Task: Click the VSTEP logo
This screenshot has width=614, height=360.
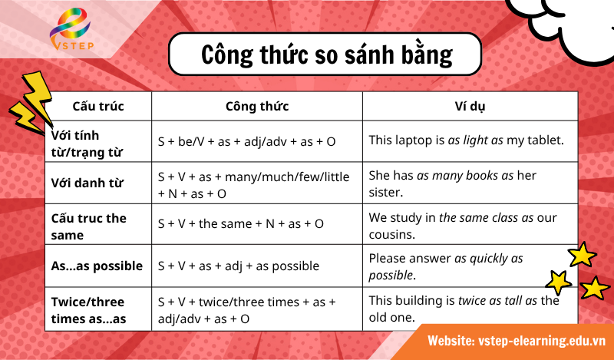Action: click(70, 35)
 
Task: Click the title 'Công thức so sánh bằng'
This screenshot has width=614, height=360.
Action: click(327, 54)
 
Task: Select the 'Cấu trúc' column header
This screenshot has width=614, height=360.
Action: click(98, 106)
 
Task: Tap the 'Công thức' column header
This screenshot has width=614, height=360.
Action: click(257, 106)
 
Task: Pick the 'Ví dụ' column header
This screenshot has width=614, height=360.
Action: click(470, 106)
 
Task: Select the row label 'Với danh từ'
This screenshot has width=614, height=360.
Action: click(87, 184)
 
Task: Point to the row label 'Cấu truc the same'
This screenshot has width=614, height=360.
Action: click(88, 226)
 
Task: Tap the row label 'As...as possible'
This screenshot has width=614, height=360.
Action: click(97, 266)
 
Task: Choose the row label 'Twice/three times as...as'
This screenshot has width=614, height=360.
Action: click(87, 309)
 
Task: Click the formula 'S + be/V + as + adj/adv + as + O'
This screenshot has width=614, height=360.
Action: click(246, 141)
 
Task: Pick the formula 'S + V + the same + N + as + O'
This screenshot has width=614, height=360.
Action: click(241, 223)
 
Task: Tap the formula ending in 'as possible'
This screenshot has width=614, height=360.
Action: click(239, 266)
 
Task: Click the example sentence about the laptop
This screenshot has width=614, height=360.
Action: click(466, 140)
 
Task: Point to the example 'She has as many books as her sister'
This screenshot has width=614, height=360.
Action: click(452, 184)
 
